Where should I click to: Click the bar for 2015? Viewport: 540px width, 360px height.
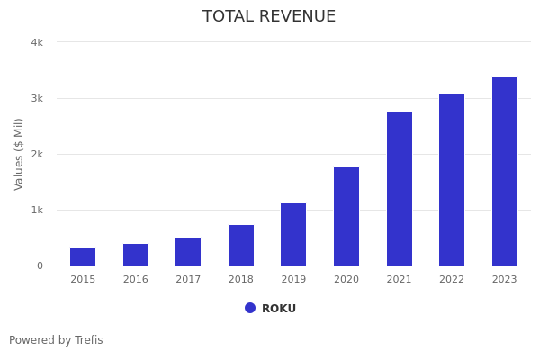(x=83, y=257)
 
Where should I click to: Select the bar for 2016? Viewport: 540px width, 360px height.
(x=136, y=255)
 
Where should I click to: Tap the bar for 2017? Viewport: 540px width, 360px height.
(x=188, y=252)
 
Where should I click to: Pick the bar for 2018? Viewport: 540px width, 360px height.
(x=241, y=246)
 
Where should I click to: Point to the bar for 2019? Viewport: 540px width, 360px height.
(x=293, y=235)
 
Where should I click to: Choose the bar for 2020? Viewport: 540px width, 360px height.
(x=346, y=217)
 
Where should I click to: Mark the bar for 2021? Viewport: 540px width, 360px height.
(x=400, y=189)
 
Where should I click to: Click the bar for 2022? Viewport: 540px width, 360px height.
(x=452, y=180)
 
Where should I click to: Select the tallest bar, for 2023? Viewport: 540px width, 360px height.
(x=505, y=172)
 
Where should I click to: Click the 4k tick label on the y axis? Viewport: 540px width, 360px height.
(x=37, y=42)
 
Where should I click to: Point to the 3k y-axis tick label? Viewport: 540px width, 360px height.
(x=37, y=98)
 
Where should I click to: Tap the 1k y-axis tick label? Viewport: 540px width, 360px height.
(x=37, y=210)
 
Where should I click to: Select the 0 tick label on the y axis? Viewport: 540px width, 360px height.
(x=40, y=265)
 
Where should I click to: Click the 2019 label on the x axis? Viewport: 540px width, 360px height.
(x=293, y=280)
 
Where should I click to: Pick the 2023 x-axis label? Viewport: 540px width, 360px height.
(x=505, y=280)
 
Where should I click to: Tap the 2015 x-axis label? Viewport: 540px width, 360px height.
(x=83, y=280)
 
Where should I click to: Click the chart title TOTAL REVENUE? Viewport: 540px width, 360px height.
(x=269, y=17)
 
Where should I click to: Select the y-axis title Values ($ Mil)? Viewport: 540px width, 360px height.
(x=19, y=154)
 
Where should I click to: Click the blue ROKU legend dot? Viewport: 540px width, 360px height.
(x=250, y=308)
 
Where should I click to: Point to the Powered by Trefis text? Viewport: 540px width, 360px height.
(x=56, y=340)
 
